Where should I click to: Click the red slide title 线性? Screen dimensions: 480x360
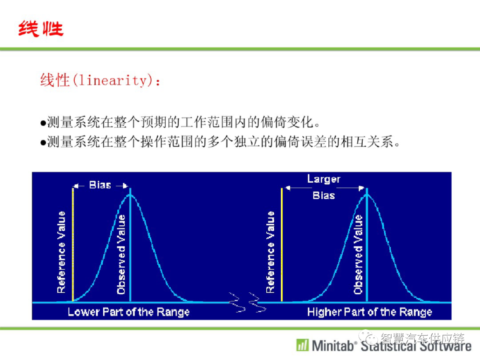pyautogui.click(x=41, y=29)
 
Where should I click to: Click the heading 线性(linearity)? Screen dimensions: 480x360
pyautogui.click(x=100, y=80)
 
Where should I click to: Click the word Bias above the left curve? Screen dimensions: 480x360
pyautogui.click(x=100, y=185)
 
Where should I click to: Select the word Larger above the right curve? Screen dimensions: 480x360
pyautogui.click(x=324, y=179)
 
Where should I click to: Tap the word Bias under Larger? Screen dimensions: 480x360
pyautogui.click(x=324, y=195)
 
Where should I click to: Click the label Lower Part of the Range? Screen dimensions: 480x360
pyautogui.click(x=128, y=312)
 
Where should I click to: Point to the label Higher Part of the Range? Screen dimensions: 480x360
pyautogui.click(x=369, y=312)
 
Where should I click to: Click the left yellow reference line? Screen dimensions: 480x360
pyautogui.click(x=72, y=244)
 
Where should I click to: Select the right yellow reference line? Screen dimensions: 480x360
pyautogui.click(x=282, y=244)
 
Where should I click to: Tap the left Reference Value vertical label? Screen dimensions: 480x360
pyautogui.click(x=61, y=252)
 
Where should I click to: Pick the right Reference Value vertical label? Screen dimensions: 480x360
pyautogui.click(x=270, y=252)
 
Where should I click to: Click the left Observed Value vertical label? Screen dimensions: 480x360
pyautogui.click(x=121, y=254)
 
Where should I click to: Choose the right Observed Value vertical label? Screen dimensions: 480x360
pyautogui.click(x=358, y=254)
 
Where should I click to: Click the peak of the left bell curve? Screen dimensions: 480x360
pyautogui.click(x=130, y=194)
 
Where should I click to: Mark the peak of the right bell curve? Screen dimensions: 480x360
pyautogui.click(x=367, y=194)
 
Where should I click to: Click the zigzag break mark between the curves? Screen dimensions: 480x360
pyautogui.click(x=248, y=303)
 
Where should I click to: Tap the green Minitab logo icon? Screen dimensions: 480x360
pyautogui.click(x=303, y=345)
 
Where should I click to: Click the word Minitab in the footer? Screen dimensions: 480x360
pyautogui.click(x=332, y=346)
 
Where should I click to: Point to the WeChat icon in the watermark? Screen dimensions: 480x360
pyautogui.click(x=368, y=337)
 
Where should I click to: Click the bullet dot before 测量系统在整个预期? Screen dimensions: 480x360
pyautogui.click(x=43, y=124)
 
